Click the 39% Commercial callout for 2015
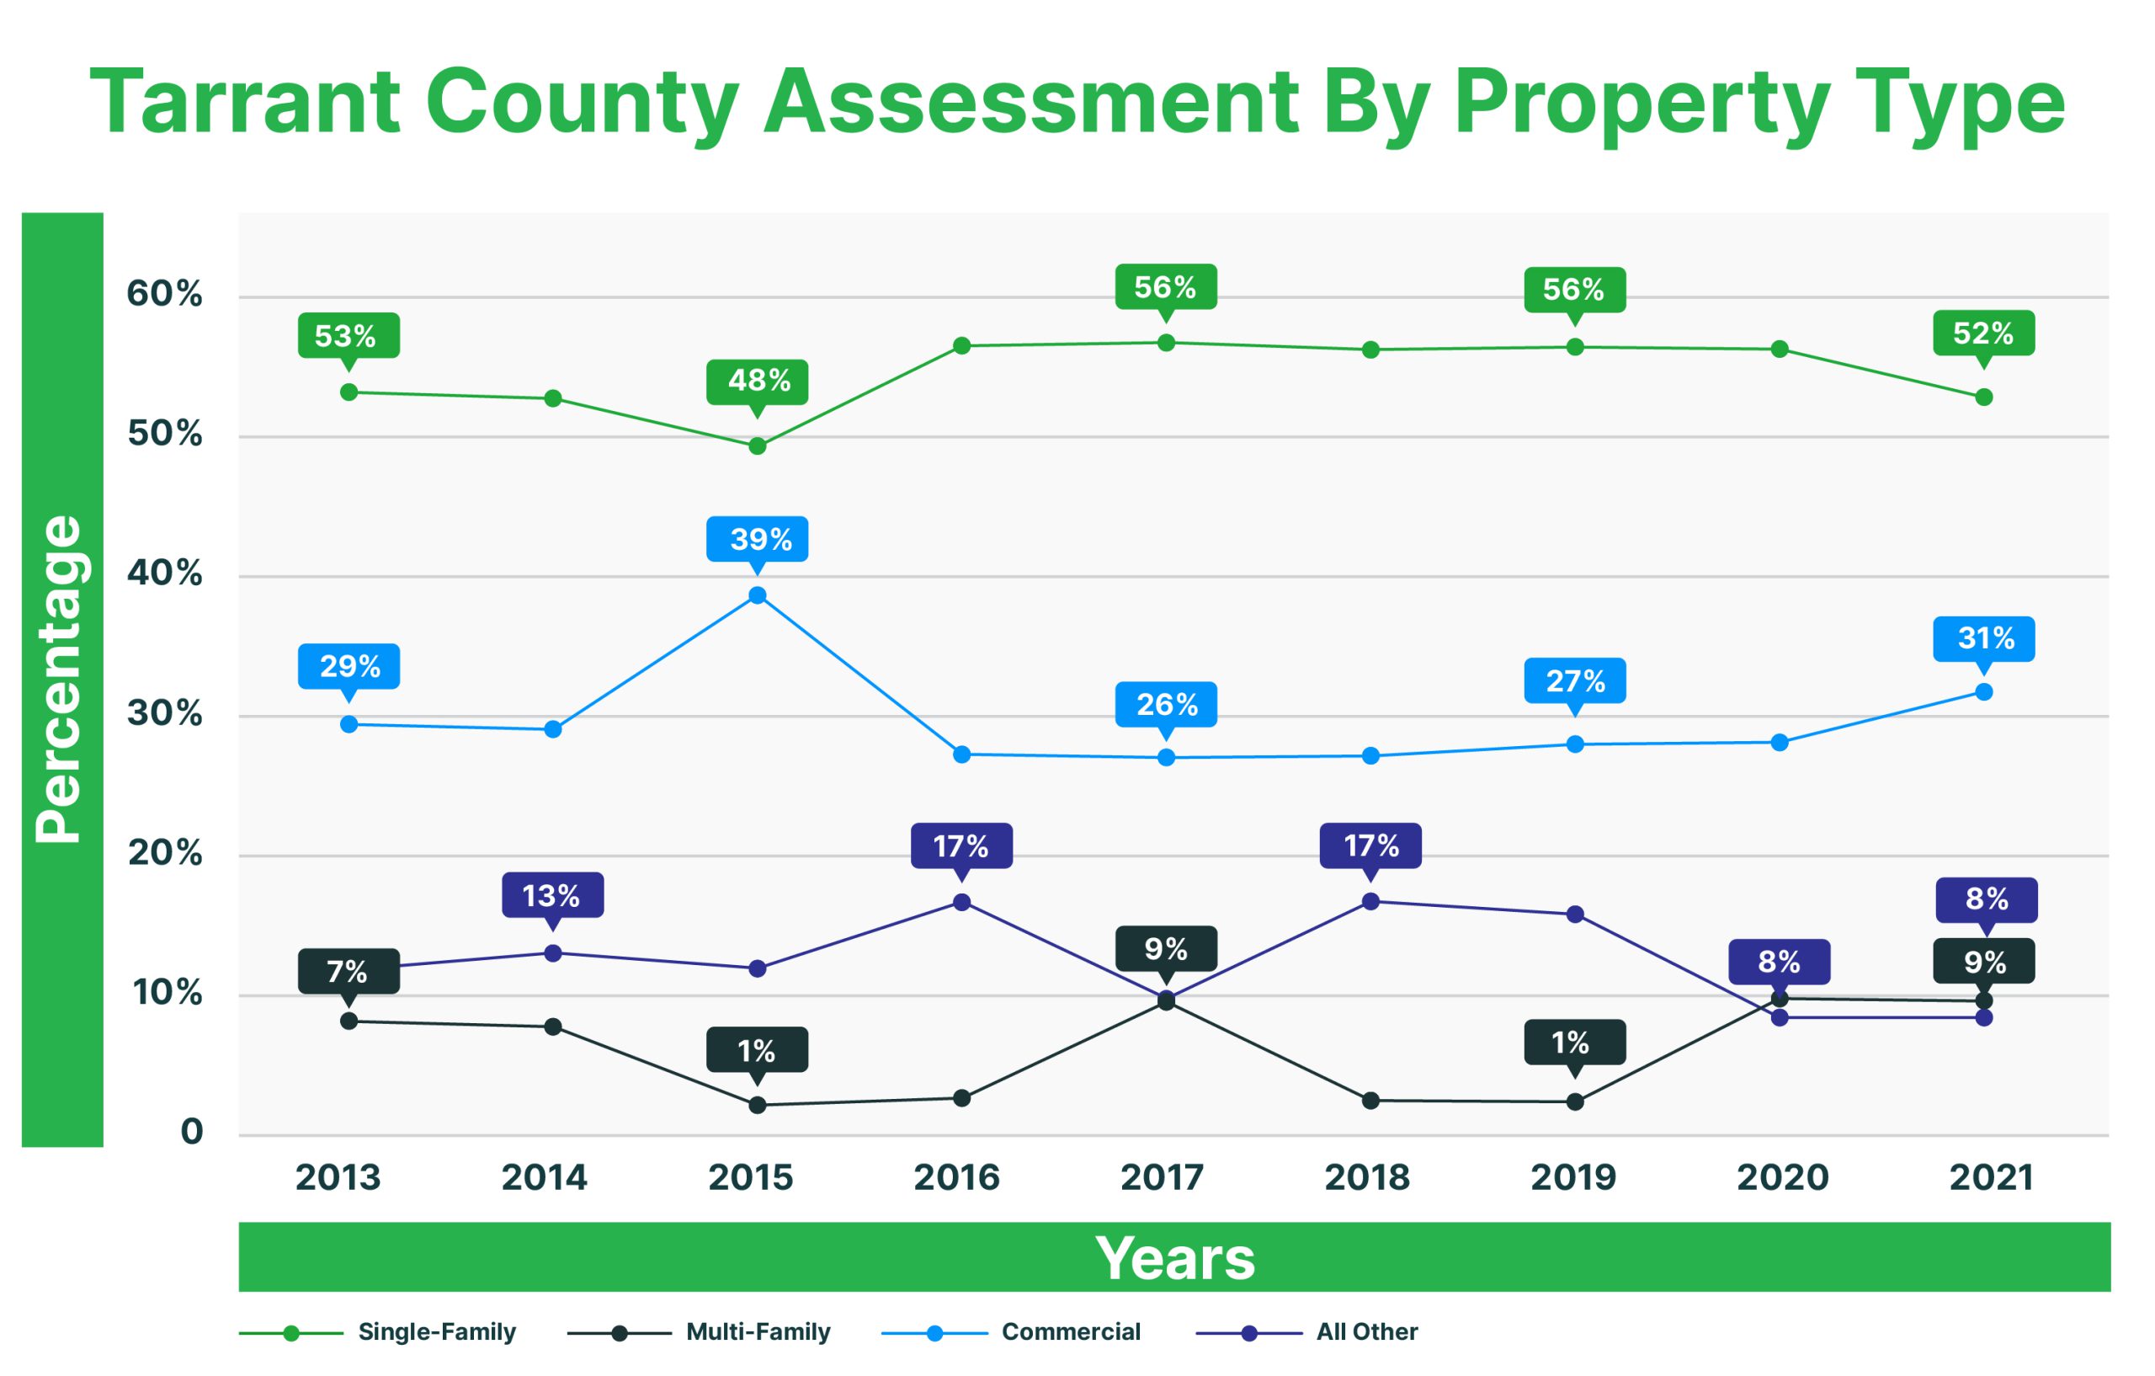click(x=757, y=539)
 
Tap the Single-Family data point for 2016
click(x=962, y=345)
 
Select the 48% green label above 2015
click(x=757, y=381)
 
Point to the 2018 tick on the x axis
click(x=1367, y=1177)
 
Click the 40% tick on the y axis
click(x=165, y=573)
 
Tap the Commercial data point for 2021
click(x=1984, y=692)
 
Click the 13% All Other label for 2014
click(x=552, y=895)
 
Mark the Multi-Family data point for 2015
click(x=757, y=1105)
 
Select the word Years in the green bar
click(x=1174, y=1258)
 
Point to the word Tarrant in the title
click(x=244, y=103)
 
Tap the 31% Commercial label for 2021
click(x=1984, y=638)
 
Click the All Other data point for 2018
click(x=1370, y=902)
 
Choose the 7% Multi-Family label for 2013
click(x=349, y=971)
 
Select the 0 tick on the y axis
click(x=192, y=1132)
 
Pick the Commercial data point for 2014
click(x=553, y=728)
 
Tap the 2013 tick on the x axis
click(x=338, y=1177)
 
